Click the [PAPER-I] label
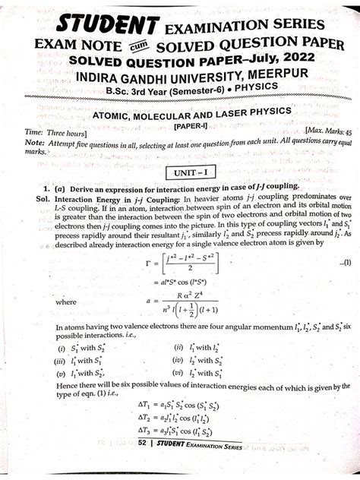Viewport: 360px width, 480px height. coord(193,124)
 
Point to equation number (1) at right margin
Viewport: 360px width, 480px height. coord(343,261)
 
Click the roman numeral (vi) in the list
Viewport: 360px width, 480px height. coord(176,373)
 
